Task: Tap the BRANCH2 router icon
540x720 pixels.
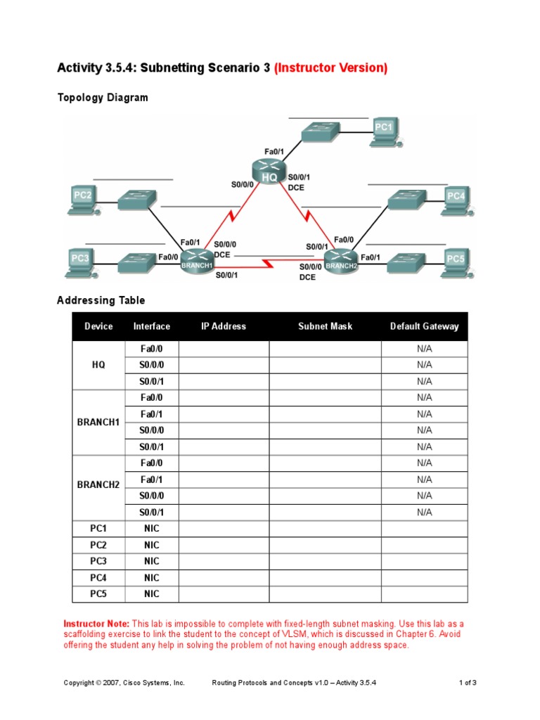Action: (x=342, y=262)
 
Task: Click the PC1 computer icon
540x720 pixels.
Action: (x=385, y=131)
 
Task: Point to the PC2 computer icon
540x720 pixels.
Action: (x=83, y=199)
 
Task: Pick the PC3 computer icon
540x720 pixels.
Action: (x=82, y=262)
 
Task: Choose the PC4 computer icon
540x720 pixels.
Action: (x=456, y=200)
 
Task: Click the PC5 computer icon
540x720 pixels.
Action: (x=456, y=262)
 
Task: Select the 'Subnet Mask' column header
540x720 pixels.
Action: (x=325, y=326)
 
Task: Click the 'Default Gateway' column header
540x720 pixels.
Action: (x=424, y=326)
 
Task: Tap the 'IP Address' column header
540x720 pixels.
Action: (x=224, y=326)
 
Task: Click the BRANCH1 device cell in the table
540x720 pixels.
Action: (x=98, y=422)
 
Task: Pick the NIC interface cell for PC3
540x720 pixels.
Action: (x=152, y=561)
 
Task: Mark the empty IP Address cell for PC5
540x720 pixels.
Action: (x=224, y=594)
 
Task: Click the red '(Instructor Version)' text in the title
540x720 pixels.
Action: (x=330, y=68)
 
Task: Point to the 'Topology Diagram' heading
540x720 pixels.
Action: (x=102, y=98)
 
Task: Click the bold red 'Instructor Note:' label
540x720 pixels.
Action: (x=96, y=624)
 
